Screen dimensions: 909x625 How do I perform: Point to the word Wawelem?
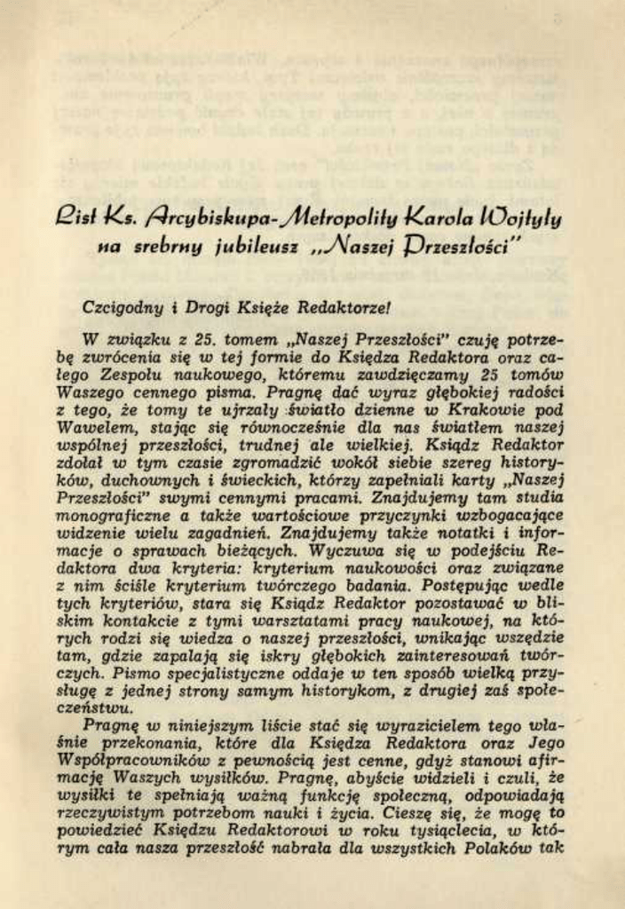coord(90,427)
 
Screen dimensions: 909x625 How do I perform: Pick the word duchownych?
coord(136,480)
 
